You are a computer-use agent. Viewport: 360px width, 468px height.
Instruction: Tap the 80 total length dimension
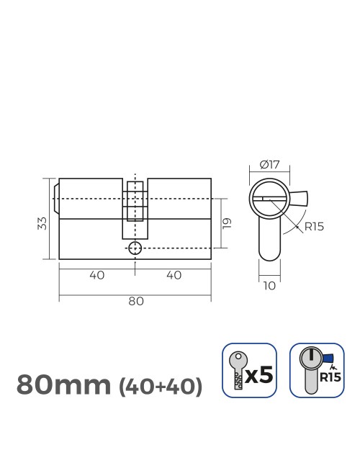(135, 301)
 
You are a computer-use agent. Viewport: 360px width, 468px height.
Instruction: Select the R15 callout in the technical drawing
(315, 226)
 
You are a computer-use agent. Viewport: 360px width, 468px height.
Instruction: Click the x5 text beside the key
(260, 374)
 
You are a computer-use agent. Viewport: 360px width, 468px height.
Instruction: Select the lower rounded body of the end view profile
(269, 241)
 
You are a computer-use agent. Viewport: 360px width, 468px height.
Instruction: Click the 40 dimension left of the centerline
(97, 275)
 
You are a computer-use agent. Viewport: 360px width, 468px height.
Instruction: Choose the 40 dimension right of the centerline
(174, 275)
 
